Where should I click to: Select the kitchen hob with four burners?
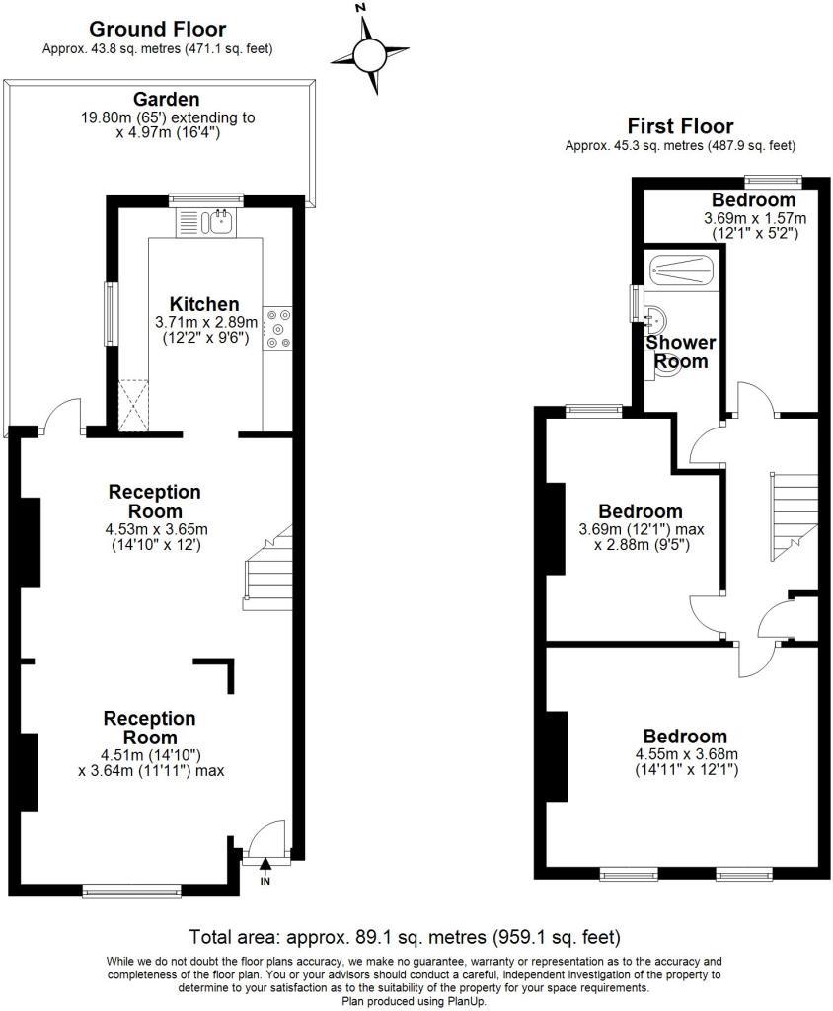277,328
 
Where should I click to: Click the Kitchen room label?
204,304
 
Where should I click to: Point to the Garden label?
167,99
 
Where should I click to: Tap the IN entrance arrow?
265,866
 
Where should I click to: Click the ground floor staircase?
268,568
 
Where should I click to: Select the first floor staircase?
794,516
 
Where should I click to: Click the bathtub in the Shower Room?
682,270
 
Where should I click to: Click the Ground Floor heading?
157,29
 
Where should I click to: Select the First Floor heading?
680,125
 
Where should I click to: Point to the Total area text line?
405,936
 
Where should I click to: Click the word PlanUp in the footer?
465,1002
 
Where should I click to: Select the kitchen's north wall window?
206,200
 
